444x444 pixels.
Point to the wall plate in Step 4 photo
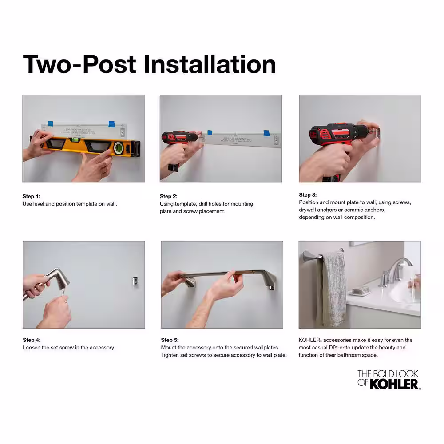[x=135, y=281]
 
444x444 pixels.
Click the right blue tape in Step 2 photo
[x=266, y=133]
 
